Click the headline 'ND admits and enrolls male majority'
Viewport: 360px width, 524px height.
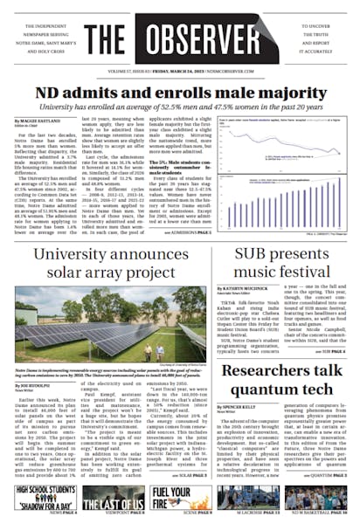179,91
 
